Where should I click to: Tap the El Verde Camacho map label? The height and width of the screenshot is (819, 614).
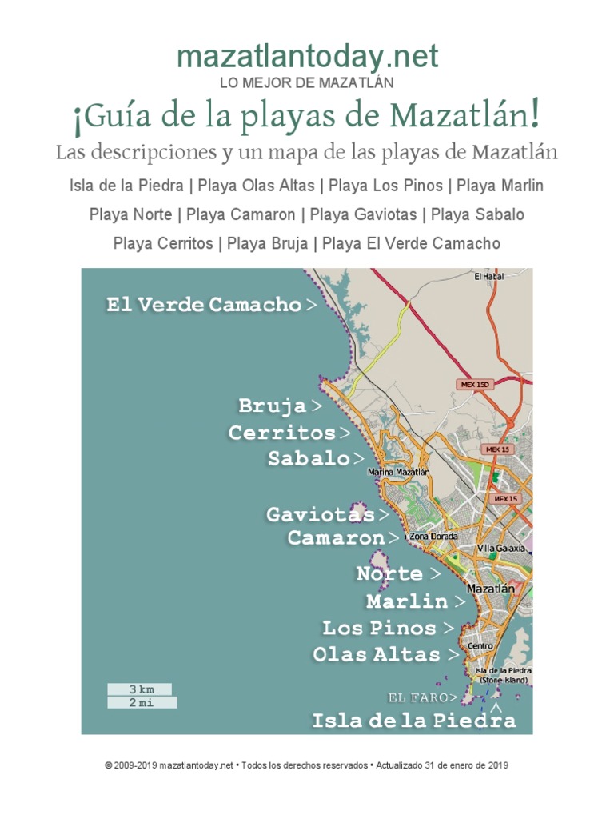(x=204, y=305)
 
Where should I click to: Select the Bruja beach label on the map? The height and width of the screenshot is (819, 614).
(x=273, y=406)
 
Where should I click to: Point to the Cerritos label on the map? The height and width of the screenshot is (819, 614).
(x=281, y=433)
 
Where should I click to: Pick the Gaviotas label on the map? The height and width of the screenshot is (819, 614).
(x=320, y=514)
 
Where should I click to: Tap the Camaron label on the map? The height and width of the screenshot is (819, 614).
(x=336, y=537)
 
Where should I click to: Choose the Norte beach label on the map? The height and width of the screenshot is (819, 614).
(x=389, y=573)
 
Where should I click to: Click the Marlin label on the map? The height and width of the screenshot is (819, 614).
(x=407, y=601)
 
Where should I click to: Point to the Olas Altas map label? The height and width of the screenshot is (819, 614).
(x=376, y=654)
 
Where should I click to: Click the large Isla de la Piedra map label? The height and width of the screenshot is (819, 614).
(x=413, y=721)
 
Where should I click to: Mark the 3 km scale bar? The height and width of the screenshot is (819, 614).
(x=140, y=689)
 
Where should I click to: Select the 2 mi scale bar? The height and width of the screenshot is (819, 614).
(x=141, y=703)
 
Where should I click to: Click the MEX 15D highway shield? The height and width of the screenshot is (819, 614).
(x=475, y=385)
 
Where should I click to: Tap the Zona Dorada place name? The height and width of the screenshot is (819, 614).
(x=433, y=537)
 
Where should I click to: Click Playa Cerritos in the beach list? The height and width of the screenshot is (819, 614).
(x=164, y=243)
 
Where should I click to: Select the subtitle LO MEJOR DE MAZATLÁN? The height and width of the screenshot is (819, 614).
(x=307, y=82)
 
